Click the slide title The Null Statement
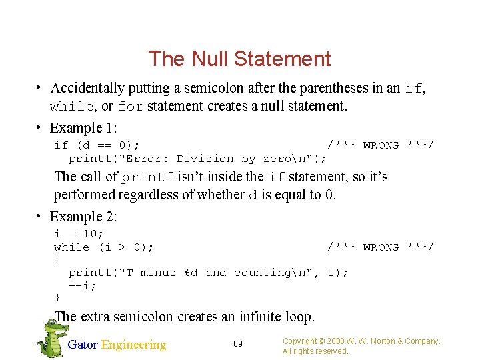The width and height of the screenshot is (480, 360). coord(239,59)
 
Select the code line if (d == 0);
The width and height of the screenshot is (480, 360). coord(97,145)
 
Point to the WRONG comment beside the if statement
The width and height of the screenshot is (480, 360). coord(380,145)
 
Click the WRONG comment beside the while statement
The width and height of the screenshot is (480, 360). coord(380,247)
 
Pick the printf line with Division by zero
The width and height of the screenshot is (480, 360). coord(197,159)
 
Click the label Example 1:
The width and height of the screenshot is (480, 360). coord(83,127)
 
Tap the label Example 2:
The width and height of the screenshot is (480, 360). coord(83,217)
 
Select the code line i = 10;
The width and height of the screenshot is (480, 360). coord(79,234)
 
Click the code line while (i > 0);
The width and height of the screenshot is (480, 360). coord(104,247)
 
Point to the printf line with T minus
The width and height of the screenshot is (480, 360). coord(208,273)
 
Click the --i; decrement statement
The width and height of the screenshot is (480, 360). coord(83,285)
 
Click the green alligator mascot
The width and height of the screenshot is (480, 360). coord(49,337)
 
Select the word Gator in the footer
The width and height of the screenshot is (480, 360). coord(83,345)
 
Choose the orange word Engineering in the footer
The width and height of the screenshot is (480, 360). coord(133,345)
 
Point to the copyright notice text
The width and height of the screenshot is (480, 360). coord(361,346)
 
